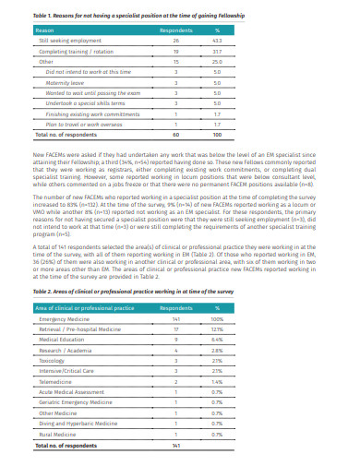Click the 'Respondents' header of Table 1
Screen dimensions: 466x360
pos(175,31)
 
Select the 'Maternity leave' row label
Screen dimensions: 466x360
pos(66,82)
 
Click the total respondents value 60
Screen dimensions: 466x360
pos(175,134)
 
